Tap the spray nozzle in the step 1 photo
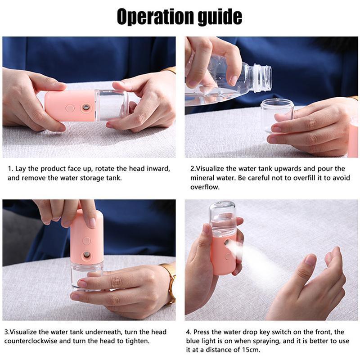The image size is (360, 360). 86,107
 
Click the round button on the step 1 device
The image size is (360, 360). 70,108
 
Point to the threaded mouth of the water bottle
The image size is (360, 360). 263,77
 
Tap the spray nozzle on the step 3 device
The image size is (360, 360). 86,254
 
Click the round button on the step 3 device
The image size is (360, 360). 86,241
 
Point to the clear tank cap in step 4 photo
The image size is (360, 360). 222,218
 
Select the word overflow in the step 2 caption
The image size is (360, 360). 205,187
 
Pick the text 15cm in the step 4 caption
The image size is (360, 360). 252,350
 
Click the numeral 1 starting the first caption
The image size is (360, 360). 9,169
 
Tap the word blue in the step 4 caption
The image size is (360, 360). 192,341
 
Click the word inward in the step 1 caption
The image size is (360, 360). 159,169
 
